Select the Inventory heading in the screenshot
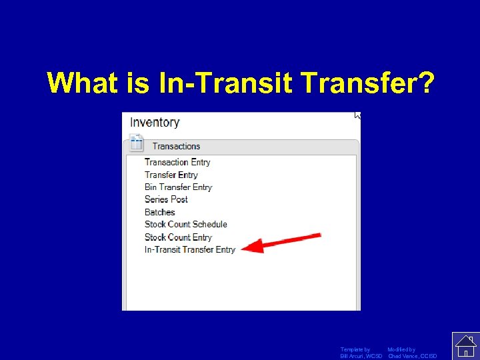point(155,122)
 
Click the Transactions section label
point(176,146)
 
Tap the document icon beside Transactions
point(137,143)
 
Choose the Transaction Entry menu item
point(177,162)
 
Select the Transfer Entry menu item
point(171,175)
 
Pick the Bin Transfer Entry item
point(178,187)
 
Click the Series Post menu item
point(166,199)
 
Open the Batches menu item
point(160,212)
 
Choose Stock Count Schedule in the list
point(186,224)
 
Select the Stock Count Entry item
point(178,237)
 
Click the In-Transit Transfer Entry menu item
point(190,249)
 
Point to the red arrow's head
point(245,248)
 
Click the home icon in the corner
point(465,345)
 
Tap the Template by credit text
point(355,349)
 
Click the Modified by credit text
point(401,349)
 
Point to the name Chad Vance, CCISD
point(413,356)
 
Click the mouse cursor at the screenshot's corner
point(357,115)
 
